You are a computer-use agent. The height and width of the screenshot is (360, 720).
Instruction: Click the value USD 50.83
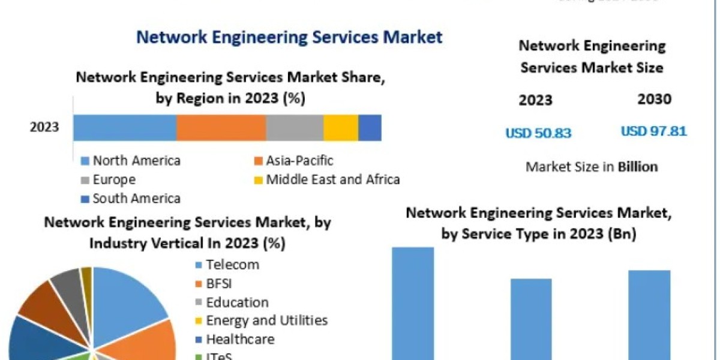538,133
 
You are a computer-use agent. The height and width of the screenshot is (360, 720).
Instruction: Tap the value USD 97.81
653,131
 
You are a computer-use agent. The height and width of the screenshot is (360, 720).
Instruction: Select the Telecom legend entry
232,265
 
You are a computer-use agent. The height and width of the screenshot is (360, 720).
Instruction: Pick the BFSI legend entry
220,284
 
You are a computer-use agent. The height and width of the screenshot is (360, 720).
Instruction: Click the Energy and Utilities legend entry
266,320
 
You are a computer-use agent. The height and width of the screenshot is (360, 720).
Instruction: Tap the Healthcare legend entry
240,339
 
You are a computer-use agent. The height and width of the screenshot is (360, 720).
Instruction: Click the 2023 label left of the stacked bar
44,127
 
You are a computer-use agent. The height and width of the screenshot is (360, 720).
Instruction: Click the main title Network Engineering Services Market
289,37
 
